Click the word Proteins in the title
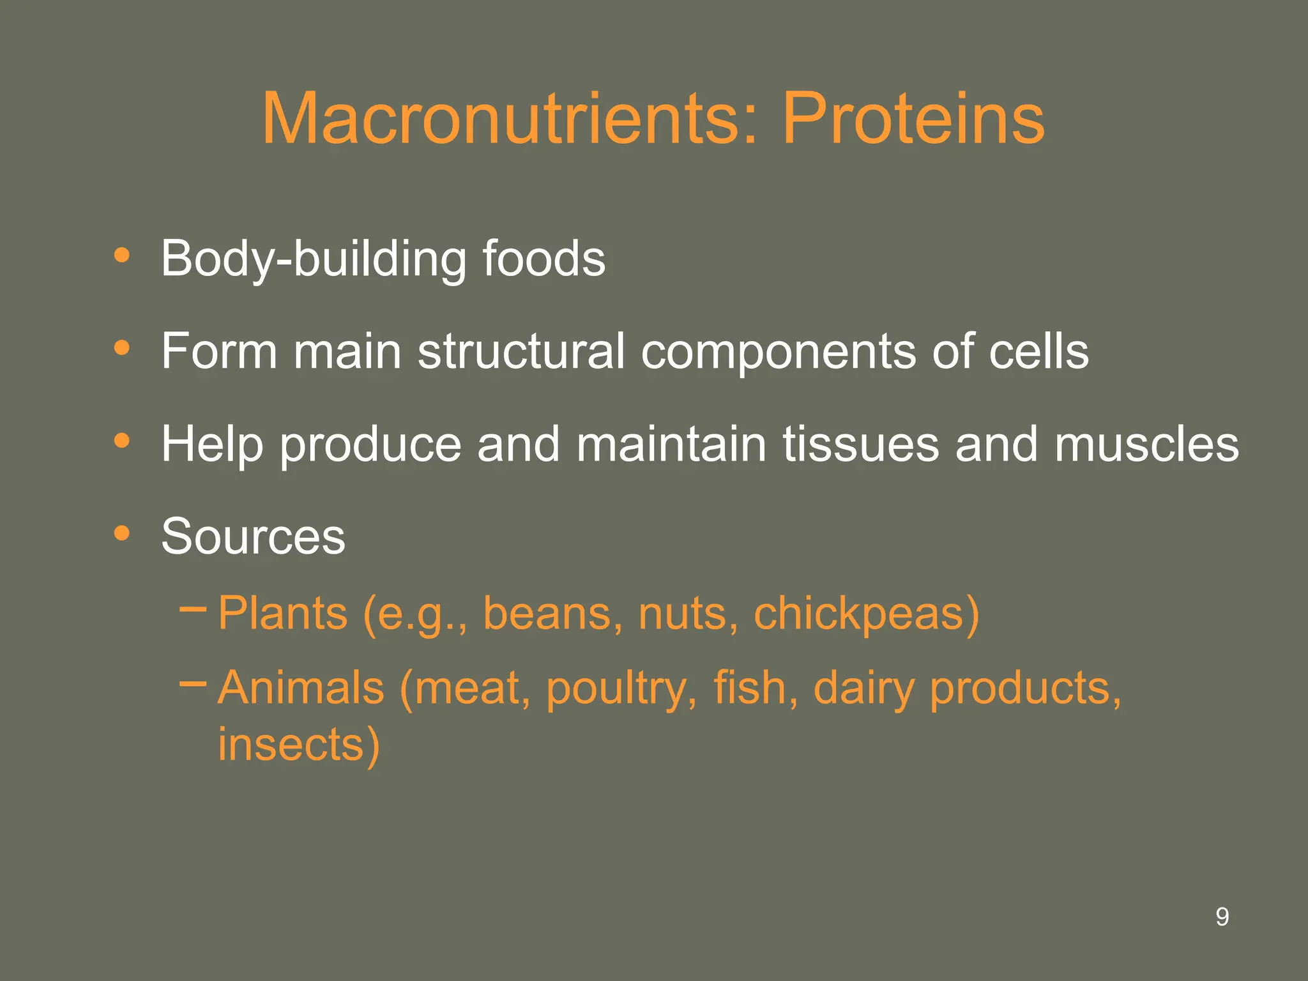pyautogui.click(x=913, y=119)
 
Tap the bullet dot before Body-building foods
pyautogui.click(x=121, y=256)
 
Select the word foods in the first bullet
pyautogui.click(x=544, y=259)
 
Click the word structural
pyautogui.click(x=521, y=351)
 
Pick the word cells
pyautogui.click(x=1038, y=351)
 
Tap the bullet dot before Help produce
pyautogui.click(x=121, y=441)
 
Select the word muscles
pyautogui.click(x=1146, y=444)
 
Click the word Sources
pyautogui.click(x=253, y=536)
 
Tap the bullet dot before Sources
pyautogui.click(x=121, y=533)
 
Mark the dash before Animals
pyautogui.click(x=193, y=684)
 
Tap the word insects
pyautogui.click(x=291, y=745)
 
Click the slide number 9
pyautogui.click(x=1222, y=917)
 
